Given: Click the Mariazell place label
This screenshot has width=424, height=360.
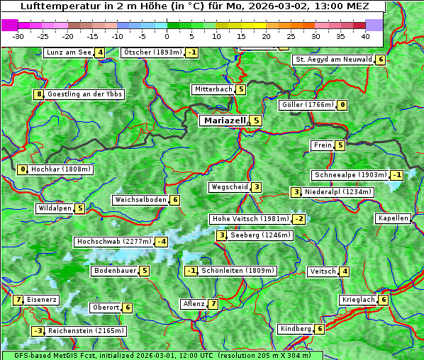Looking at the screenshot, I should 224,120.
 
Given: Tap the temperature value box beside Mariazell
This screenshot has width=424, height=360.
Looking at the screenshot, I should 256,120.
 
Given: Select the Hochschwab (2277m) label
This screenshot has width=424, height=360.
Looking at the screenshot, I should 114,242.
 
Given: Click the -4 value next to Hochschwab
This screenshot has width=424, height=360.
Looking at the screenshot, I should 162,242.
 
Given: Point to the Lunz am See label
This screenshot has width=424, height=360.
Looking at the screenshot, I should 69,52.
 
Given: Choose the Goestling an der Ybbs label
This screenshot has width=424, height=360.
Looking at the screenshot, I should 84,94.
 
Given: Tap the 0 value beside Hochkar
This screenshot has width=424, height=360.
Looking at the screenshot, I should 23,169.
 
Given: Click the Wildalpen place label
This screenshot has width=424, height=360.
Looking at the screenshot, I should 55,208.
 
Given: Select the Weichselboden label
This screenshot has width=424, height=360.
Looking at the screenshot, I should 140,200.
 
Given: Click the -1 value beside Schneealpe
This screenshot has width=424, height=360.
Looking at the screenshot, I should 397,175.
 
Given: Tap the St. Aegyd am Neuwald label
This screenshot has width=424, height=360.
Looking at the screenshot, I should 333,60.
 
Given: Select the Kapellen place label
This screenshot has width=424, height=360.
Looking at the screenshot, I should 393,218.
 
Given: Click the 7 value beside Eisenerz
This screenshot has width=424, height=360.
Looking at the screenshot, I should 18,300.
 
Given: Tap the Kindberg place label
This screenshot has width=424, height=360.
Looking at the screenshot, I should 296,329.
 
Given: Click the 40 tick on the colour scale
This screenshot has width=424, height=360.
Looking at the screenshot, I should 365,35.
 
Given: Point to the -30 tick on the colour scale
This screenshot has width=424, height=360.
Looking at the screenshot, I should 18,35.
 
